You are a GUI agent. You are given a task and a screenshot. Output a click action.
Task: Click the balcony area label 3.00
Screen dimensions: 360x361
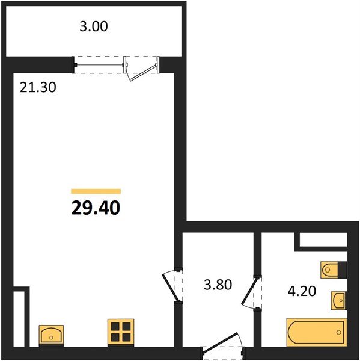94,26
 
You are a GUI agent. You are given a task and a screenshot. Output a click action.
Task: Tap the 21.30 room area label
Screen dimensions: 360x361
38,87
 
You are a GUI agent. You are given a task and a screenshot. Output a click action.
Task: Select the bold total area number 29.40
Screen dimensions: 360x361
96,208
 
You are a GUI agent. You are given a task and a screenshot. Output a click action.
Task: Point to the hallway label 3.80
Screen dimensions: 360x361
218,285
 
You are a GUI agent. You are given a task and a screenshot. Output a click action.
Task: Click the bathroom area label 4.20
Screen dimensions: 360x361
302,291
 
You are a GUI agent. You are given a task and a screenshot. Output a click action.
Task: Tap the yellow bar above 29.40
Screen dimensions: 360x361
96,191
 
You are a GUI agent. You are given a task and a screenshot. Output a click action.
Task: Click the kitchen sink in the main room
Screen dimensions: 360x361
51,335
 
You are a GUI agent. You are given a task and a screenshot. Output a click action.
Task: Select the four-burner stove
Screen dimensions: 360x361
121,332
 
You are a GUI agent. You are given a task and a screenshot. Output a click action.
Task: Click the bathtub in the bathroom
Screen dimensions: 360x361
317,332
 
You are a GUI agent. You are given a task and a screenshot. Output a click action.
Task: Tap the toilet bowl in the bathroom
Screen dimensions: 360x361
329,270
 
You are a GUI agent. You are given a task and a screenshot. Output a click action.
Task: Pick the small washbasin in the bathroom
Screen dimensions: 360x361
338,300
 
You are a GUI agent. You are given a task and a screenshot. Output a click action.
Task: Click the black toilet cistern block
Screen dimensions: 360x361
343,270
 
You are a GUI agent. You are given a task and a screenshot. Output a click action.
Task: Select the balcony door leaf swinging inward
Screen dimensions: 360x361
143,73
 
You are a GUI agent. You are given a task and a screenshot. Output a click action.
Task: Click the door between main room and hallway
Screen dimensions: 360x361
169,287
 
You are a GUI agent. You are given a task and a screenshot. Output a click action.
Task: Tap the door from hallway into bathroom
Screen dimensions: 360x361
249,292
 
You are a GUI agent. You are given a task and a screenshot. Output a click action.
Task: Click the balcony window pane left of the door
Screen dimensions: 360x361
99,65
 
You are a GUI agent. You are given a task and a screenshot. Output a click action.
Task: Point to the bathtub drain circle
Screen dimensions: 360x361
338,332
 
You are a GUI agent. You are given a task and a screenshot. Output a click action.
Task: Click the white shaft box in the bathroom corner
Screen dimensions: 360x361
323,239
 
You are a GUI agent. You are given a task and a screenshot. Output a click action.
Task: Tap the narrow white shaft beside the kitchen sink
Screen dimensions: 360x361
19,319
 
